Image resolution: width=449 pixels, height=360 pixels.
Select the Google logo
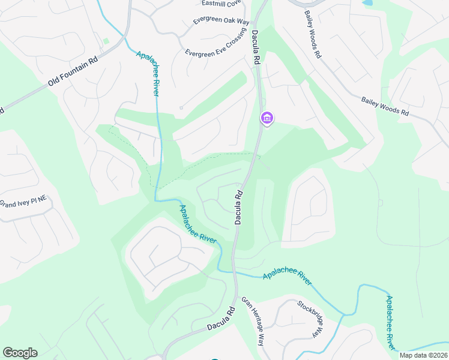coord(20,353)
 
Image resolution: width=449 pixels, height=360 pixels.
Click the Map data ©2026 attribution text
coord(423,355)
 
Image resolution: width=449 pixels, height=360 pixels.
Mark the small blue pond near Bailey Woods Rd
coord(367,2)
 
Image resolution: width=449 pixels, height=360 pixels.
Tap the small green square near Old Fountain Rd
coord(106,41)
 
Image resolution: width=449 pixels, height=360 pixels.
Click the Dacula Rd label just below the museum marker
coord(238,208)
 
